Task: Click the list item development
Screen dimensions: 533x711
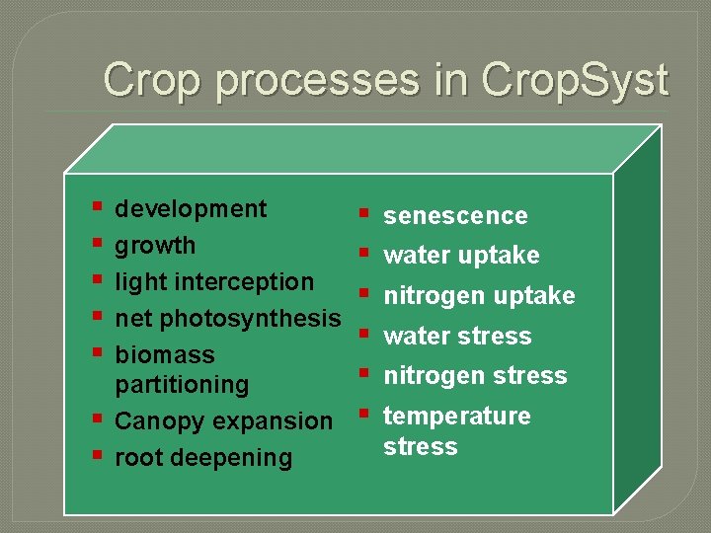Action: coord(191,208)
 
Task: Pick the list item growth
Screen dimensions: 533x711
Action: coord(155,245)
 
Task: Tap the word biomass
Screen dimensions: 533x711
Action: coord(164,354)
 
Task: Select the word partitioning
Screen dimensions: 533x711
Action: coord(182,384)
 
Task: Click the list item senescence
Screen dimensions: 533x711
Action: coord(455,215)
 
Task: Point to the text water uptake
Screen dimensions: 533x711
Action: coord(461,255)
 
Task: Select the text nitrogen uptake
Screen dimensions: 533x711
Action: coord(479,295)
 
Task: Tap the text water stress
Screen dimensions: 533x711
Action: coord(457,336)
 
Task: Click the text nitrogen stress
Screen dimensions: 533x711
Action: coord(475,375)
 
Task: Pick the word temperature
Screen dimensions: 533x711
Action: coord(456,416)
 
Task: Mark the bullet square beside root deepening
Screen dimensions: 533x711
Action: coord(96,455)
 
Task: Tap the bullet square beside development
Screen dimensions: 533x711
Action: coord(96,206)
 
